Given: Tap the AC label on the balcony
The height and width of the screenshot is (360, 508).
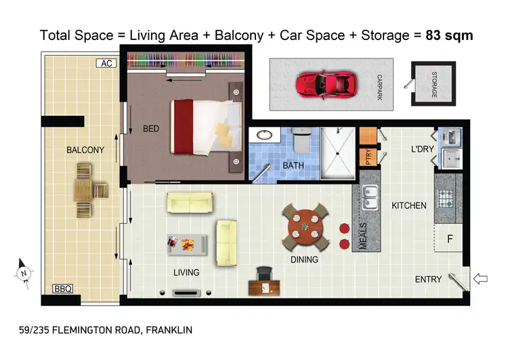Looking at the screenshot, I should pos(106,64).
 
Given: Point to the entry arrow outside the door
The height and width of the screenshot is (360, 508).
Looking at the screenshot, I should pos(480,278).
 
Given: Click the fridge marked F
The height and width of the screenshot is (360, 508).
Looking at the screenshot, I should pos(448,239).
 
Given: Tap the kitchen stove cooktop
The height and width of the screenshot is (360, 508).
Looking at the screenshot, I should pos(447,199).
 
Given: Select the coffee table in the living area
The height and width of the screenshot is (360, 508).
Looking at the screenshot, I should pos(187,242).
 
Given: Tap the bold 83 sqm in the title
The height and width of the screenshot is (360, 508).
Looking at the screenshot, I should pos(449,35).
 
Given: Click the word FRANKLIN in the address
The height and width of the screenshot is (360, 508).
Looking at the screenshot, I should pos(169,330).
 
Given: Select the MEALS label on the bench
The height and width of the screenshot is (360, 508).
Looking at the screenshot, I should pos(362,235).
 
